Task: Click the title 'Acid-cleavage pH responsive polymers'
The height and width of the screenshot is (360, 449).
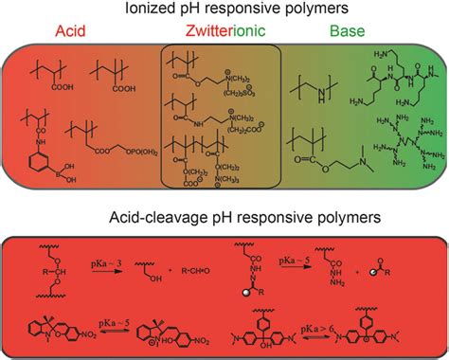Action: click(x=224, y=219)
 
